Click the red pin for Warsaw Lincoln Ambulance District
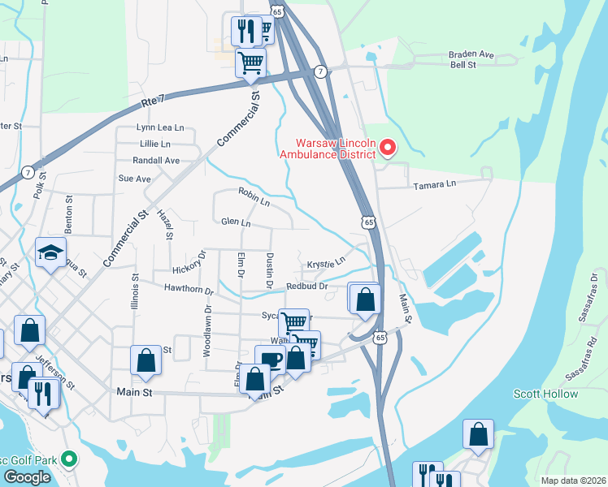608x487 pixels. click(388, 147)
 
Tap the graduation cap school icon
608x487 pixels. click(50, 252)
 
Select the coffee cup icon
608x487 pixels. click(269, 360)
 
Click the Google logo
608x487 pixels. click(28, 476)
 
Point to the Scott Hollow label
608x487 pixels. click(545, 394)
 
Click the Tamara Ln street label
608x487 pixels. click(436, 185)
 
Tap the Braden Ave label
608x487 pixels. click(471, 54)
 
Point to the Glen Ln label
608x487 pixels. click(235, 222)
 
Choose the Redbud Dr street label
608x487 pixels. click(306, 287)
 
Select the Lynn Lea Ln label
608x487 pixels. click(160, 127)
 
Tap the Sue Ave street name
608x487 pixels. click(135, 179)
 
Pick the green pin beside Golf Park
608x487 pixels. click(69, 460)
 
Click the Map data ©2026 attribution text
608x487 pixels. click(574, 481)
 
